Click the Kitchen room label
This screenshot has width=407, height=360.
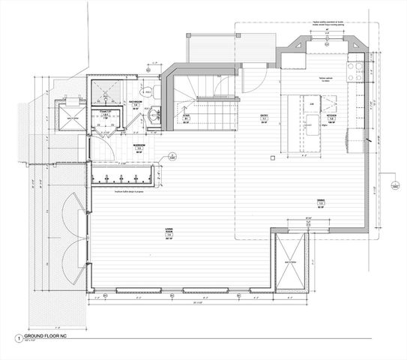(331, 118)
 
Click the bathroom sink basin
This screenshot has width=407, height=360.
(153, 115)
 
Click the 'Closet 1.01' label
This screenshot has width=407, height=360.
(106, 112)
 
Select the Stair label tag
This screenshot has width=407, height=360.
(186, 118)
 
